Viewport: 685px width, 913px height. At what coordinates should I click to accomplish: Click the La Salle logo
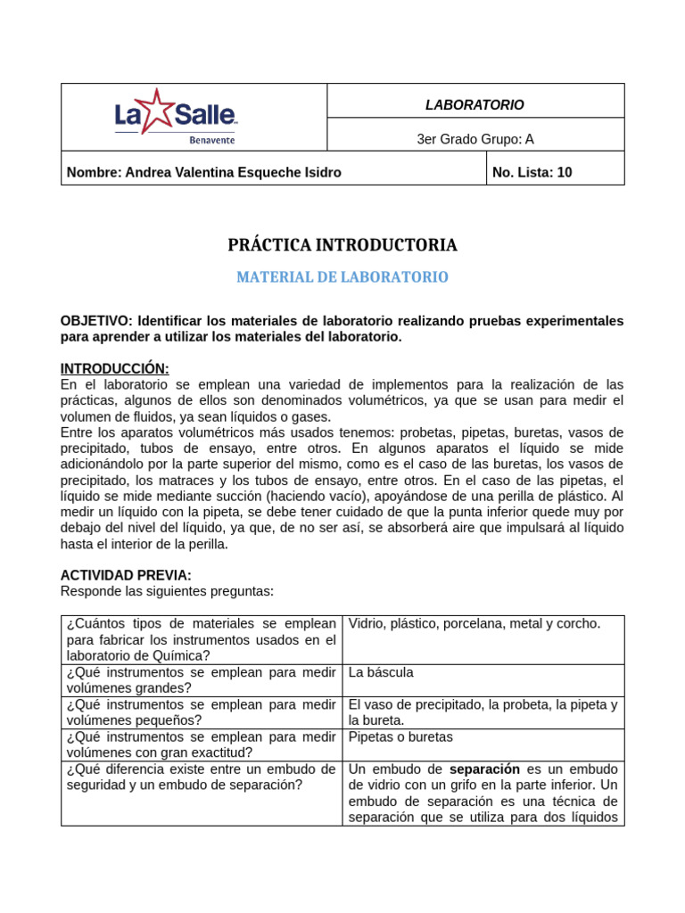coord(176,117)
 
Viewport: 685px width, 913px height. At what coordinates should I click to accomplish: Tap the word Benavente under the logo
coord(212,140)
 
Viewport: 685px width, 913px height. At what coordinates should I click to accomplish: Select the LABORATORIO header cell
coord(475,105)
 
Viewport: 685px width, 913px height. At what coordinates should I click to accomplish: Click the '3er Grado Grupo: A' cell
coord(475,138)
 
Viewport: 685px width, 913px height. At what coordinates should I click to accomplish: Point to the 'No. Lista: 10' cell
coord(532,172)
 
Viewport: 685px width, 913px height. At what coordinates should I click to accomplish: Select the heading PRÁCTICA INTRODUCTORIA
coord(342,244)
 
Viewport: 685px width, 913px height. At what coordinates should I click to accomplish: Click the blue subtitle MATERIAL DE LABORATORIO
coord(342,277)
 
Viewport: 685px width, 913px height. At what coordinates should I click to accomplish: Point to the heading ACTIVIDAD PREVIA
coord(126,575)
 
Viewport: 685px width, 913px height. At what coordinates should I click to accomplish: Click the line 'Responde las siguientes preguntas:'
coord(167,590)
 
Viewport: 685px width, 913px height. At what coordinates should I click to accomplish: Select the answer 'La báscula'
coord(381,672)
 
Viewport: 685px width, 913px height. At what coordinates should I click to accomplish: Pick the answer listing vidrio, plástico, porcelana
coord(475,623)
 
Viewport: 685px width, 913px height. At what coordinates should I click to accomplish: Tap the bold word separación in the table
coord(484,769)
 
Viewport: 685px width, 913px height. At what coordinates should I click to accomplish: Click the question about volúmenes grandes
coord(201,680)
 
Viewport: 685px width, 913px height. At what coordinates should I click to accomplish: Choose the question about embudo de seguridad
coord(201,777)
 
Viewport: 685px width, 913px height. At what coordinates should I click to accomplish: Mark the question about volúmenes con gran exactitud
coord(201,744)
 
